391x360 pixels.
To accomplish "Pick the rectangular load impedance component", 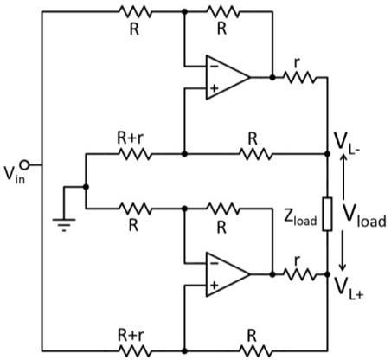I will click(x=326, y=215).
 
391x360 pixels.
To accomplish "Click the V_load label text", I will click(x=364, y=214).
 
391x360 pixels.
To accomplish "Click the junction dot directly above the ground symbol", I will click(x=86, y=185).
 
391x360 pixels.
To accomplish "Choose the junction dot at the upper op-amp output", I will click(x=271, y=76).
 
